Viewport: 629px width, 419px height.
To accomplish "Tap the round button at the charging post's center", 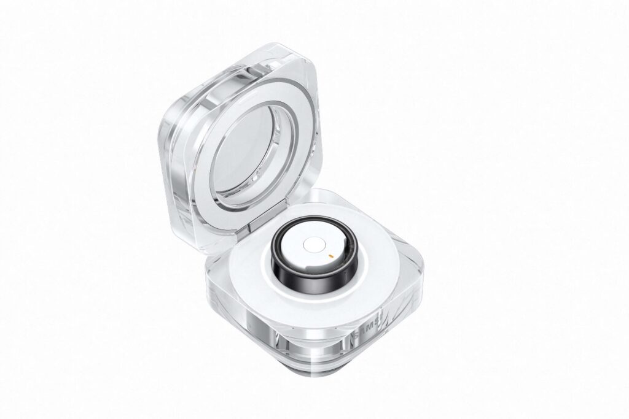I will click(310, 245).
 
